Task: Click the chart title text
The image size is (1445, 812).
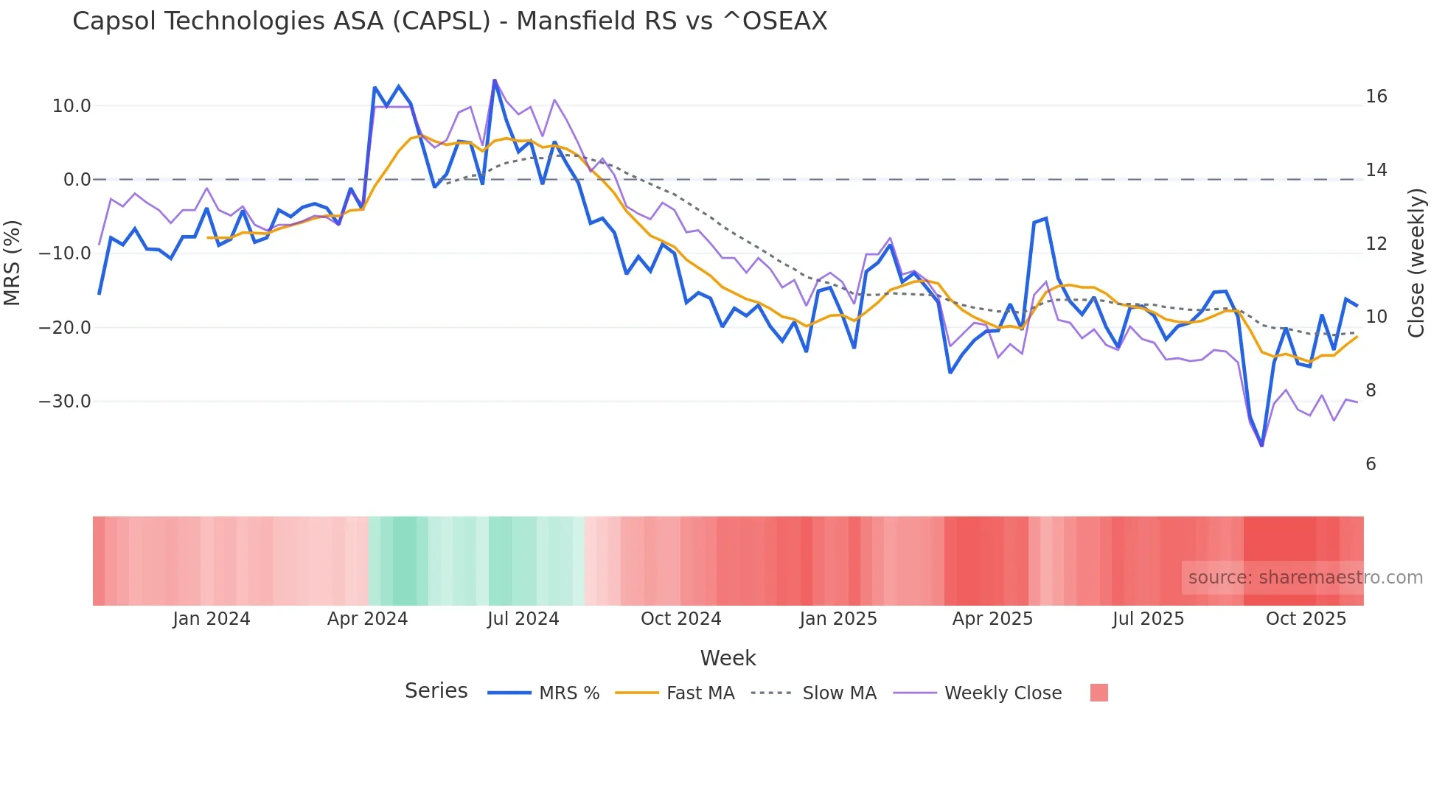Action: [x=450, y=21]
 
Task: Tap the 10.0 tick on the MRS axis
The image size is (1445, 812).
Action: [x=72, y=106]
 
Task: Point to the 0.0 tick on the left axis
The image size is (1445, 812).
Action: [x=77, y=180]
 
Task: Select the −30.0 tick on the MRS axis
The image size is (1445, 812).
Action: [x=65, y=402]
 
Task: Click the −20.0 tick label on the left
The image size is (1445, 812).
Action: [x=65, y=328]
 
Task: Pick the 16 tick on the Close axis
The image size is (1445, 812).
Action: [x=1376, y=97]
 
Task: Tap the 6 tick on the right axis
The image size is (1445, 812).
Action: [x=1371, y=464]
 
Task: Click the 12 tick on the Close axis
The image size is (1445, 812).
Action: [x=1376, y=244]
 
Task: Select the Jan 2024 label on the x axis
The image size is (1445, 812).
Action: [x=212, y=619]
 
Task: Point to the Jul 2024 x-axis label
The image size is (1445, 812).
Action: [x=523, y=619]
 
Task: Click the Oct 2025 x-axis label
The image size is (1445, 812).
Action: [x=1306, y=619]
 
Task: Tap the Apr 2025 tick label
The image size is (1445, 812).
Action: [x=992, y=619]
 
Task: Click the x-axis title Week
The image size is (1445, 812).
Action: [x=728, y=658]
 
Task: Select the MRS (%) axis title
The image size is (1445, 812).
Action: [x=13, y=263]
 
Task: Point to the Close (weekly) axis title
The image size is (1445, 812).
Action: [x=1416, y=263]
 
